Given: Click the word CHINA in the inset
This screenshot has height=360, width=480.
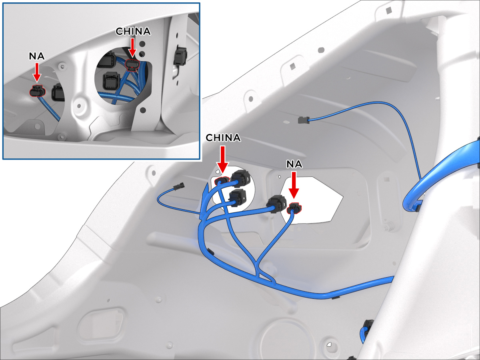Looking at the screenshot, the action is click(133, 32).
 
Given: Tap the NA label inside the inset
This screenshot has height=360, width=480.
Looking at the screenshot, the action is click(37, 56).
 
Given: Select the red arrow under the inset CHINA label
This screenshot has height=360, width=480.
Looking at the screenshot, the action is click(132, 47).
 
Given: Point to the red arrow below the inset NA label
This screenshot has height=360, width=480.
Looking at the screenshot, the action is click(37, 72).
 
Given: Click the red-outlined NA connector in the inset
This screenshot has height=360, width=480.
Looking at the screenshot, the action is click(37, 91).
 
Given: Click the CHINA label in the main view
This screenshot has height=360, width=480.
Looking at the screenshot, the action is click(223, 138).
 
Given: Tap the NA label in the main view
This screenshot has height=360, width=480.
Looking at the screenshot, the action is click(294, 164).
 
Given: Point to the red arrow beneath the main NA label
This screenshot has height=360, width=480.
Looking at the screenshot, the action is click(294, 185).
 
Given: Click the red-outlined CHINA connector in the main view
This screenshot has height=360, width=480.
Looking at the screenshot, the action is click(222, 181).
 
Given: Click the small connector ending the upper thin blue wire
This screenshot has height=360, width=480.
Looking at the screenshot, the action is click(304, 120).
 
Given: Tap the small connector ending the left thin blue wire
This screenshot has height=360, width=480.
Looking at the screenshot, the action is click(179, 187).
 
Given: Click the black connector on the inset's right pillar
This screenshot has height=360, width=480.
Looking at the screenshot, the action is click(180, 56).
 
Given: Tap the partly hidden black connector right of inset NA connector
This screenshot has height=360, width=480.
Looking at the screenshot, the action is click(58, 92).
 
